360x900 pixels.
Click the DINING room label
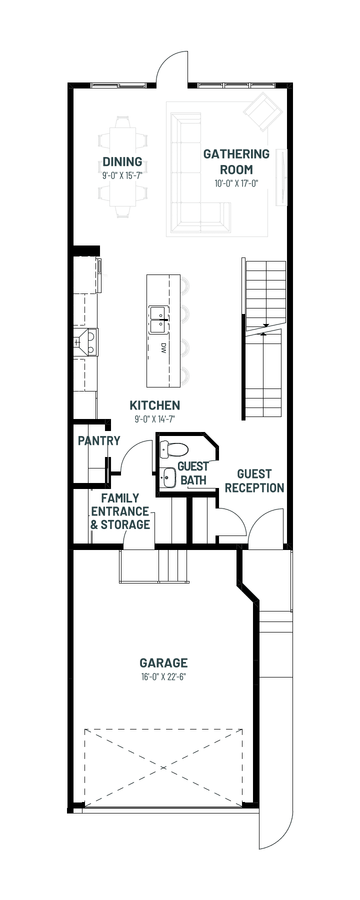click(122, 161)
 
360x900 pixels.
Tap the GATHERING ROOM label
click(236, 161)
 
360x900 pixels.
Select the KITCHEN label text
click(154, 405)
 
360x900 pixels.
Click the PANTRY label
click(99, 440)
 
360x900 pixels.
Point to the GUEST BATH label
click(193, 473)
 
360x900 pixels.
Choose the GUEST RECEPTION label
click(254, 480)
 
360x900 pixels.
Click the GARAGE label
click(163, 663)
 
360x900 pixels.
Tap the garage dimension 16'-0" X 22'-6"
click(163, 677)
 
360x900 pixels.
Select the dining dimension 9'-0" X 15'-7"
click(122, 175)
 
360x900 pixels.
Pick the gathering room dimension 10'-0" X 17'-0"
click(236, 183)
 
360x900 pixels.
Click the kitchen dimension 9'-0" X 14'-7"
click(154, 419)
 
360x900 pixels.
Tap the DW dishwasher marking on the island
click(163, 348)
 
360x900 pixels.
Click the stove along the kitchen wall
click(86, 342)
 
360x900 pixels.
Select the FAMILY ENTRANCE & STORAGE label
click(120, 511)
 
